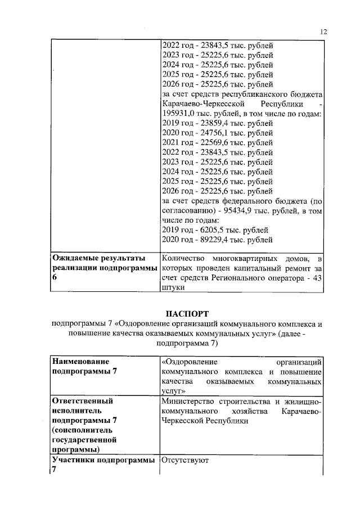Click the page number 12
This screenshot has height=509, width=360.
323,32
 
